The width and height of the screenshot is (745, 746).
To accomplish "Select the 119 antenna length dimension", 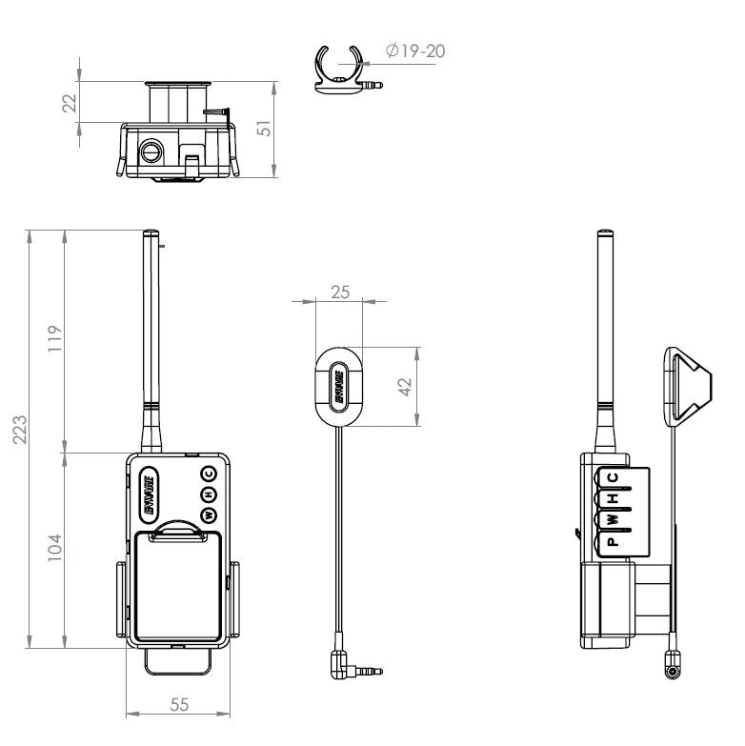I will coord(55,339).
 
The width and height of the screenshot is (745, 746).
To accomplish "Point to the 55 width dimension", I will coord(178,704).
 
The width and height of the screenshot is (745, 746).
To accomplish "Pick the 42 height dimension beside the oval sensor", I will coord(404,387).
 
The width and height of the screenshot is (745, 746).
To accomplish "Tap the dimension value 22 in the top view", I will coord(69,102).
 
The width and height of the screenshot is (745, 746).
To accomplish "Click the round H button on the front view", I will coord(209,494).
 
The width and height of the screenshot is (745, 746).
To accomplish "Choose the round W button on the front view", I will coord(209,515).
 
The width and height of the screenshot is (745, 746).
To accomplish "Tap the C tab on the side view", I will coord(613,478).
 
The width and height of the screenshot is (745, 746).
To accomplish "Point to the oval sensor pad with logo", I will coord(339,386).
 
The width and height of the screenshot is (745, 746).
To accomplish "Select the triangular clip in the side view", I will coord(686,386).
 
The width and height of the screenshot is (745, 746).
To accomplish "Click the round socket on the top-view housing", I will coord(151,151).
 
